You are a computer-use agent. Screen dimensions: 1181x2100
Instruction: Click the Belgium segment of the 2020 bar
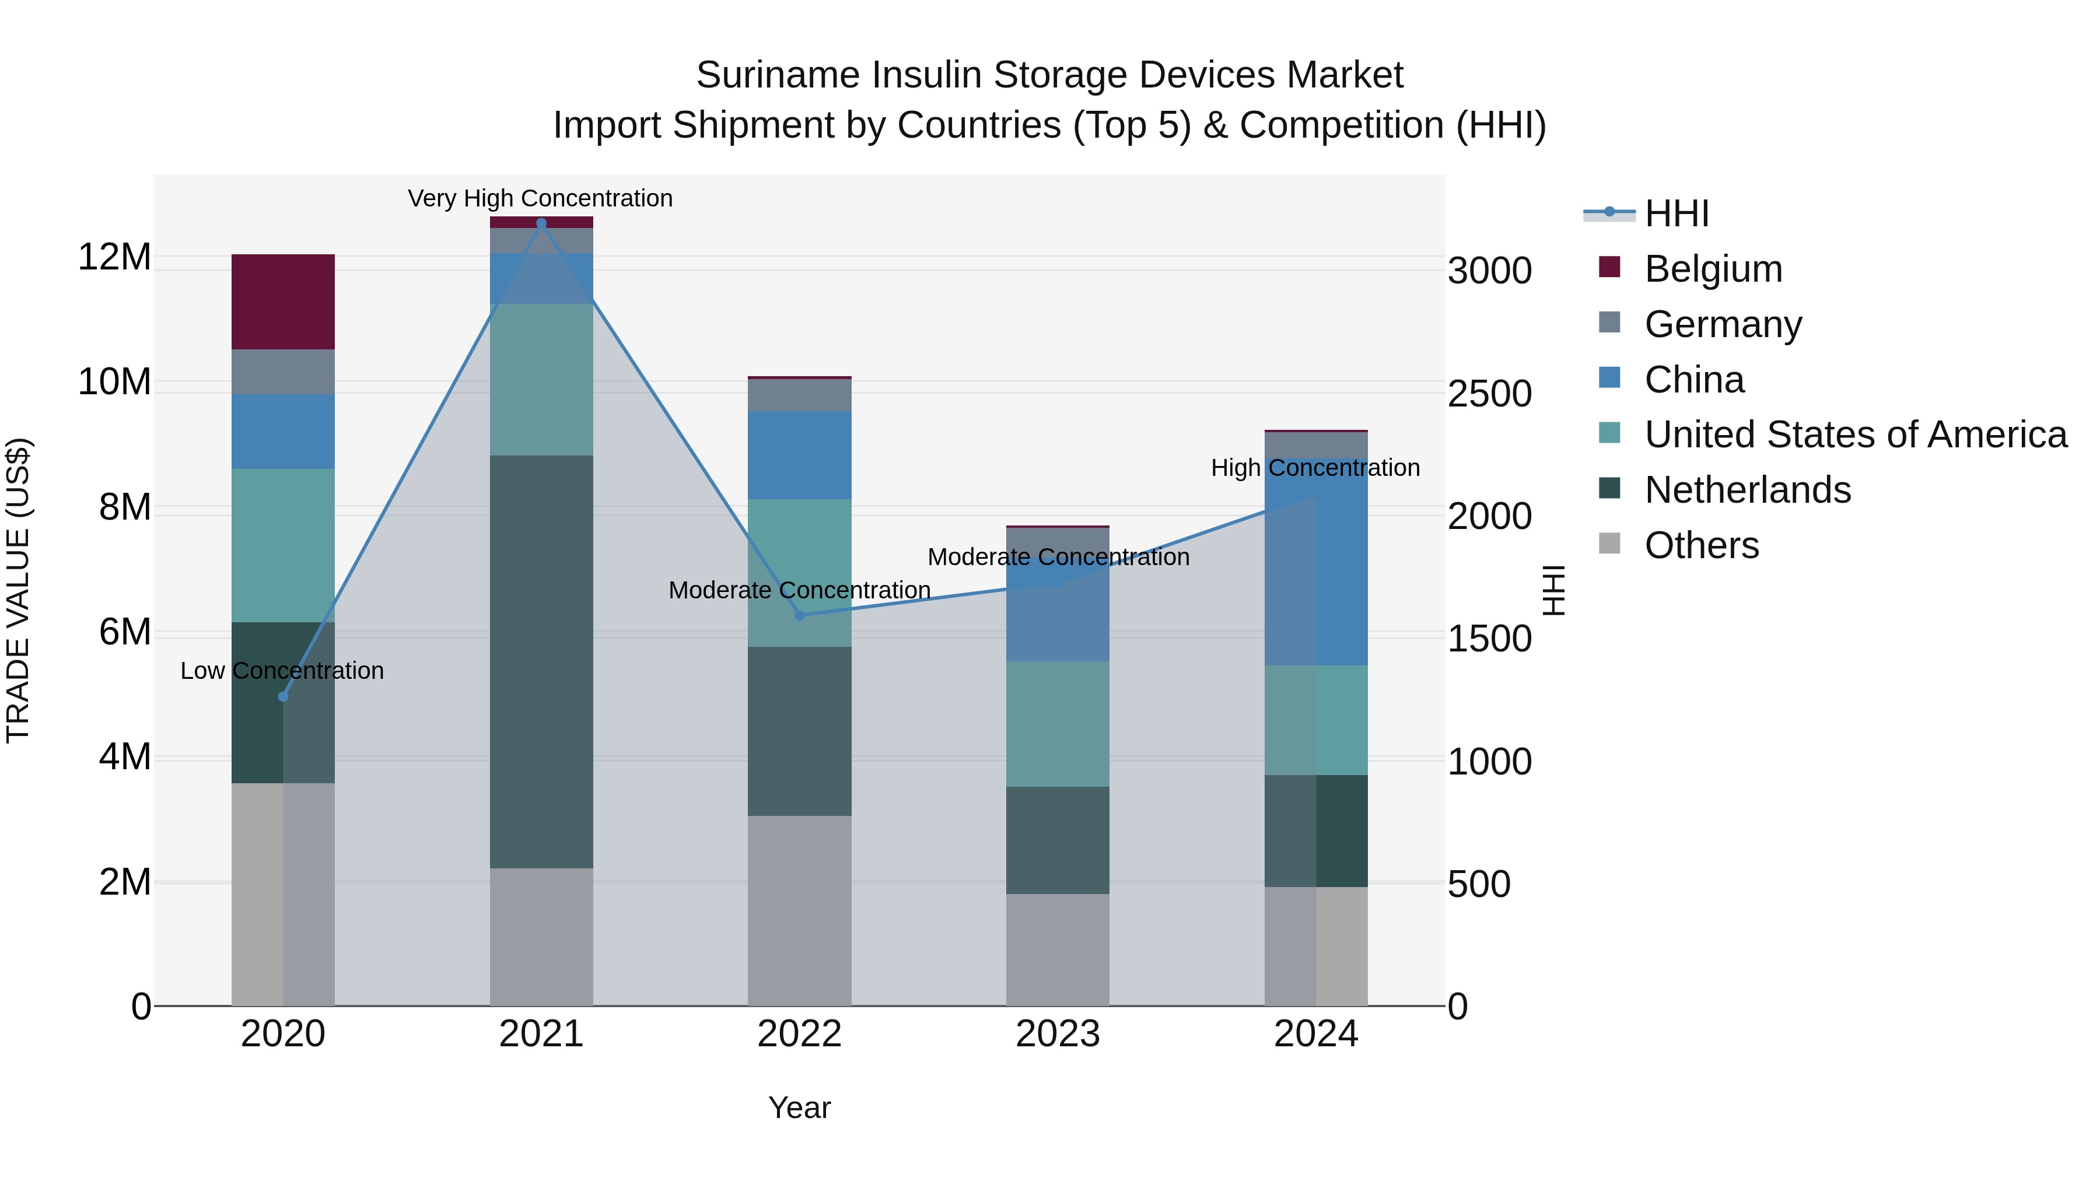[283, 302]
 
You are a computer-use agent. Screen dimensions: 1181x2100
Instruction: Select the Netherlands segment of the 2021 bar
[541, 661]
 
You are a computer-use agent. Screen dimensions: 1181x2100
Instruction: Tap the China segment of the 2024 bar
[1316, 562]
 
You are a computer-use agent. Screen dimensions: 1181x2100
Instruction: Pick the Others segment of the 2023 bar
[1058, 949]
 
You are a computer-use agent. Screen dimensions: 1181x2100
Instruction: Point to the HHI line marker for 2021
[541, 223]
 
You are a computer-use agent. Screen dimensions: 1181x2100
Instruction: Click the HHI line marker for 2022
[799, 615]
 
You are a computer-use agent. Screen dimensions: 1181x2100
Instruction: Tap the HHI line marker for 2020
[283, 697]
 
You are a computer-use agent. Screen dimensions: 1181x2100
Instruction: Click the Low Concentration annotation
[282, 671]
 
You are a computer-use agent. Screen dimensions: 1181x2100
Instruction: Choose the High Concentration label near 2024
[1315, 468]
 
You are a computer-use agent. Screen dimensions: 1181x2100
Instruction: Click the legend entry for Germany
[1723, 324]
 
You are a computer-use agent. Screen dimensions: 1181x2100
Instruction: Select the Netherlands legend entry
[1747, 490]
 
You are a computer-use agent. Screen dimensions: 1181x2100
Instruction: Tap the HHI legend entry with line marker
[1647, 213]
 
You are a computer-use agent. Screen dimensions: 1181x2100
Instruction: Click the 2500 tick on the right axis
[1489, 394]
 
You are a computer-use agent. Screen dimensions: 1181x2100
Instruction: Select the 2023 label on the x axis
[1058, 1034]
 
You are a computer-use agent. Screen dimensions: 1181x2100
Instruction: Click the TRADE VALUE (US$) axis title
[18, 590]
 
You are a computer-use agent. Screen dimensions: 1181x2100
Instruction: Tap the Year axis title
[799, 1108]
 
